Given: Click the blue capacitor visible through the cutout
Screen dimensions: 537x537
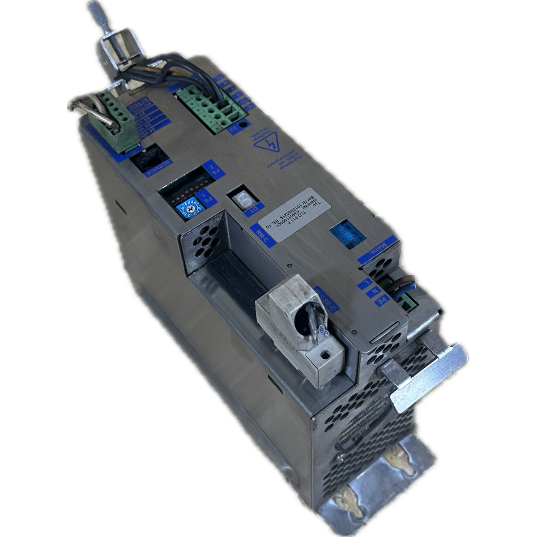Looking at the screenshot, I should pyautogui.click(x=345, y=232).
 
